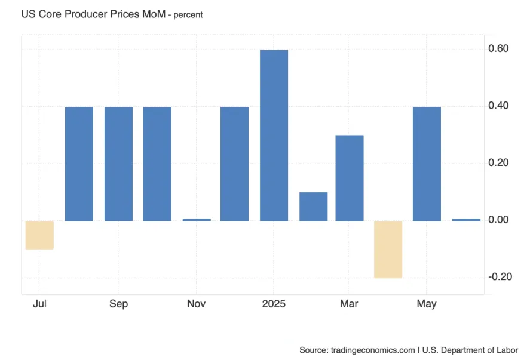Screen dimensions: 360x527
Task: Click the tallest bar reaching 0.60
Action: click(274, 136)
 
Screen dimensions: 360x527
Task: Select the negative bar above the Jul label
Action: click(39, 235)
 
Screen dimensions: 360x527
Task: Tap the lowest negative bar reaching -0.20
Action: click(388, 249)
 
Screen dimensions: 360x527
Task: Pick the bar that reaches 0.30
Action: click(350, 178)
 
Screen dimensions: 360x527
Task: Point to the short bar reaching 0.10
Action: click(313, 207)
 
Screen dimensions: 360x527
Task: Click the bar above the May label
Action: click(427, 164)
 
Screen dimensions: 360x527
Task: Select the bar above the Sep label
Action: click(118, 164)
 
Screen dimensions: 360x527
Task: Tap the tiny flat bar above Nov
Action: click(197, 220)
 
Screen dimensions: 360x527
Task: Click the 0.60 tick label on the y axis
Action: click(499, 49)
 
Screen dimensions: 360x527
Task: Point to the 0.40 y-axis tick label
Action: click(499, 106)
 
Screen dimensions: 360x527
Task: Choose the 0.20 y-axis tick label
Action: click(499, 163)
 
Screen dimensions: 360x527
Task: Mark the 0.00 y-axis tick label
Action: click(499, 220)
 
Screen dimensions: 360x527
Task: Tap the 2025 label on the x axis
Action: click(274, 304)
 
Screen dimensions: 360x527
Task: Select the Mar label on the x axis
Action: click(350, 304)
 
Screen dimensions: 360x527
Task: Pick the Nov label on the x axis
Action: click(197, 304)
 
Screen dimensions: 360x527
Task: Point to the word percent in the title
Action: click(188, 15)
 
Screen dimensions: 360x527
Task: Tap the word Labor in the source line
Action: click(505, 350)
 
